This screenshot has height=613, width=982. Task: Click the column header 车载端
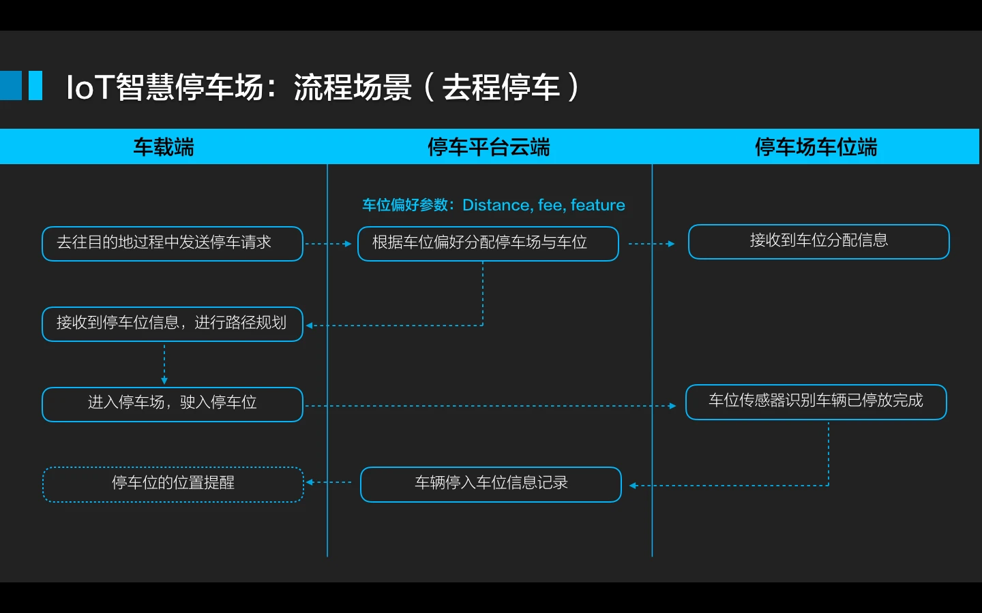(164, 146)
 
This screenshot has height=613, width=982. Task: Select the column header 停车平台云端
(489, 146)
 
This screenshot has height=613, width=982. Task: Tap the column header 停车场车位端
(816, 146)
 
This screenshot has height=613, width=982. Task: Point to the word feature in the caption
(597, 205)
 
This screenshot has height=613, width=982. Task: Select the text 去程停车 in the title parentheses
(501, 87)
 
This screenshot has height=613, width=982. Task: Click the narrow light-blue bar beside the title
(35, 85)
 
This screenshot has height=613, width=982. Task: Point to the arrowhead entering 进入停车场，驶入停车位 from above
(164, 381)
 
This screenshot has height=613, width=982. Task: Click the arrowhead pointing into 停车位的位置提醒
(310, 482)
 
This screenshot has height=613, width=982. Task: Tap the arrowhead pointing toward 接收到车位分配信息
(671, 243)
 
